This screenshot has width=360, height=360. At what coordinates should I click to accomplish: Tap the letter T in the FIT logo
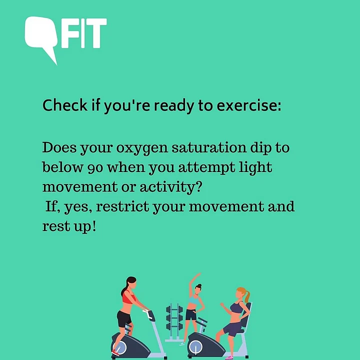(x=96, y=33)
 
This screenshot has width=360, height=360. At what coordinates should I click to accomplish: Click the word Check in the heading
(x=65, y=105)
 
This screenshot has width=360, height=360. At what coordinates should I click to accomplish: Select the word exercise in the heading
(x=249, y=105)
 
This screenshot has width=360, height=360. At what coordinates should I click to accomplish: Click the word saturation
(x=209, y=147)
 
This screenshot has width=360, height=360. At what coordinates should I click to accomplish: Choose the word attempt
(x=206, y=167)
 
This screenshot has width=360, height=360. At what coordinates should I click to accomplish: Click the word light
(x=255, y=167)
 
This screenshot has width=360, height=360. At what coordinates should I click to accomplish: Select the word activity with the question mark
(x=171, y=187)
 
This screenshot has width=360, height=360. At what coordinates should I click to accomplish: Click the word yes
(x=78, y=207)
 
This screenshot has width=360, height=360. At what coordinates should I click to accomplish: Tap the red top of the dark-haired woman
(x=128, y=298)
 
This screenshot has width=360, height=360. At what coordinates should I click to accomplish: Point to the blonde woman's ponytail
(x=247, y=296)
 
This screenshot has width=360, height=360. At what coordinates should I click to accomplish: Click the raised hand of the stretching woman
(x=198, y=274)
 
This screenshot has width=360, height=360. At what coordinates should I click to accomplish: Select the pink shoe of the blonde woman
(x=229, y=357)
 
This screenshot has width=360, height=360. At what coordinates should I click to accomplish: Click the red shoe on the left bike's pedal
(x=115, y=352)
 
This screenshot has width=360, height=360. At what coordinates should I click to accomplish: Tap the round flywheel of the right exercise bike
(x=195, y=347)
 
